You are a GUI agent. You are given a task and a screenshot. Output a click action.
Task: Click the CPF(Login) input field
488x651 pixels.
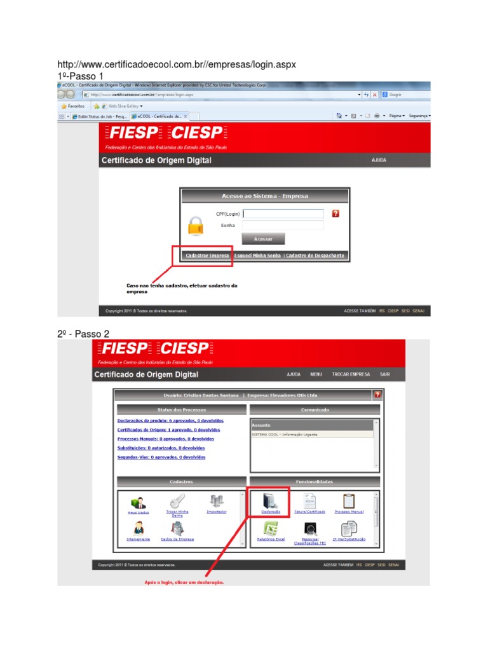[283, 214]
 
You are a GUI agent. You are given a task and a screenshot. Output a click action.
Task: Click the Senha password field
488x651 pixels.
[283, 225]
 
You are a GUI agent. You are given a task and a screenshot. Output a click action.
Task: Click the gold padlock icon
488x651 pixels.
[196, 226]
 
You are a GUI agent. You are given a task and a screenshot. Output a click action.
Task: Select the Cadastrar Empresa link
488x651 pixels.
[207, 255]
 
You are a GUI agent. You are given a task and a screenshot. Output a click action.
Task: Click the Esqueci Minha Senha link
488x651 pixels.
[257, 255]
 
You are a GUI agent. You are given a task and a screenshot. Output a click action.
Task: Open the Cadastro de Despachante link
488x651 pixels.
[315, 255]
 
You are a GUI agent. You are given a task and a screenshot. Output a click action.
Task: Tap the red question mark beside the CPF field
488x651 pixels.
[335, 214]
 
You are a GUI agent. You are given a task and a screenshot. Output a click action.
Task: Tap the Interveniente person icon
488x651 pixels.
[138, 528]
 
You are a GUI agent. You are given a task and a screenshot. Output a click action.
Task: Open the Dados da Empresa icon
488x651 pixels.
[178, 528]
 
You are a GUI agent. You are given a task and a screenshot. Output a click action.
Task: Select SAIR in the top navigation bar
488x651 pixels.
[384, 374]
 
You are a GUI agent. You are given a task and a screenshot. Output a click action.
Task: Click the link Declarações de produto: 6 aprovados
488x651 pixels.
[170, 421]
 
